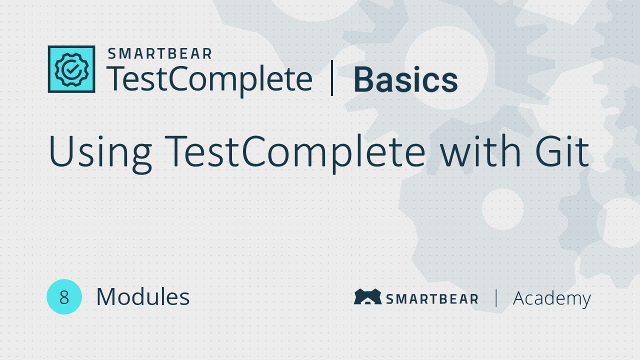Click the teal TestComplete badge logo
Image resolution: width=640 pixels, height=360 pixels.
pyautogui.click(x=71, y=69)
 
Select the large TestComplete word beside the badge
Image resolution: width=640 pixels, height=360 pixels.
pyautogui.click(x=209, y=79)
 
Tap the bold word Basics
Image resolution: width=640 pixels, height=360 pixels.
pyautogui.click(x=405, y=80)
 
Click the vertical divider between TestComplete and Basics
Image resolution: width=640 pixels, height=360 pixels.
pyautogui.click(x=332, y=79)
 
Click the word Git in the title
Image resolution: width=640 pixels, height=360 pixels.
pyautogui.click(x=563, y=150)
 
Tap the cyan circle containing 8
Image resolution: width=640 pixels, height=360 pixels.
pyautogui.click(x=64, y=297)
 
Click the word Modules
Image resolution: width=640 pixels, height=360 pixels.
pyautogui.click(x=142, y=297)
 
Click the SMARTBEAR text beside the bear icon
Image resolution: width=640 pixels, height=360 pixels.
pyautogui.click(x=431, y=299)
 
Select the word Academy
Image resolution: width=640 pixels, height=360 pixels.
pyautogui.click(x=551, y=298)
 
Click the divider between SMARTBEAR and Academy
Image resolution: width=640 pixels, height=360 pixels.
pyautogui.click(x=496, y=298)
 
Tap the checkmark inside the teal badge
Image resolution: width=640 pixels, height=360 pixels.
pyautogui.click(x=71, y=70)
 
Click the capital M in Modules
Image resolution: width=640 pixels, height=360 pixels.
pyautogui.click(x=106, y=297)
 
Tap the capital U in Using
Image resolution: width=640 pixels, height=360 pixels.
pyautogui.click(x=61, y=151)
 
